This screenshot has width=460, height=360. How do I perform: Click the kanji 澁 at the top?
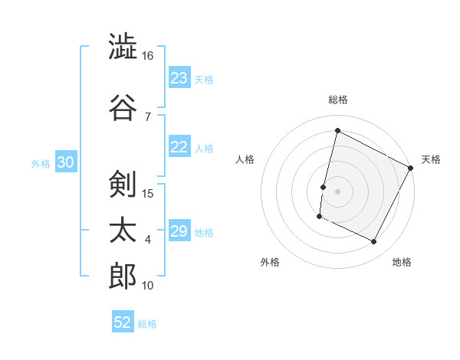click(123, 47)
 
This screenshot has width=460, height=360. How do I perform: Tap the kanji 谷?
click(123, 106)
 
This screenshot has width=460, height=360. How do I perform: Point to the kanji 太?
click(123, 230)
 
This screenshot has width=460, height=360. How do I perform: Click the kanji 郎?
click(123, 276)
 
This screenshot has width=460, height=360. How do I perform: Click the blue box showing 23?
click(179, 78)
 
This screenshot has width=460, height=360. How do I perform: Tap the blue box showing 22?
click(179, 148)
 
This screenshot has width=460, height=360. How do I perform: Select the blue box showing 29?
click(179, 231)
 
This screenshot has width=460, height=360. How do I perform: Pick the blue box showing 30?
click(65, 162)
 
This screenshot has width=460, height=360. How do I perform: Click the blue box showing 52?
click(123, 322)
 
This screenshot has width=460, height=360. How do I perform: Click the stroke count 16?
click(148, 56)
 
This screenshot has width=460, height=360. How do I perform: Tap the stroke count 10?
click(148, 285)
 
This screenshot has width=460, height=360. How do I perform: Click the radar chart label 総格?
click(337, 100)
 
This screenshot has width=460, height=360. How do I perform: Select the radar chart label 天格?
click(431, 159)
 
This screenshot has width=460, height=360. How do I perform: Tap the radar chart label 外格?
click(270, 262)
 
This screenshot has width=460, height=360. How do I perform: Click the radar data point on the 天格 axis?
click(411, 168)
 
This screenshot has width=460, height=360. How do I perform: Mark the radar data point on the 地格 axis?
click(374, 242)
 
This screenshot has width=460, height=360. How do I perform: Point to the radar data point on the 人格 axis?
click(323, 187)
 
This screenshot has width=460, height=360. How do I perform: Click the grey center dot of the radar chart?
click(337, 191)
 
